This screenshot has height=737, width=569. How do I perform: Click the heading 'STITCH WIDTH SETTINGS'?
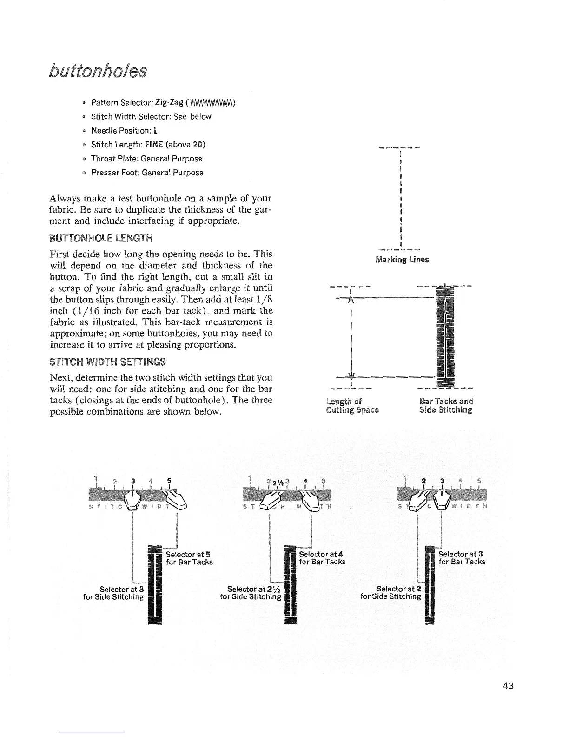click(x=107, y=362)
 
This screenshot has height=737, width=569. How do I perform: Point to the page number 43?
click(x=508, y=685)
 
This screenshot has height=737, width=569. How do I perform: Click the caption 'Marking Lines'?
click(x=402, y=260)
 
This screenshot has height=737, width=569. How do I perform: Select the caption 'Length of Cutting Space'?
click(x=352, y=406)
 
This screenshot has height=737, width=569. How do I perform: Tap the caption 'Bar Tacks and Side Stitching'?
click(x=446, y=406)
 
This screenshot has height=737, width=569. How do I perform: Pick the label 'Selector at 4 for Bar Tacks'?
click(x=322, y=558)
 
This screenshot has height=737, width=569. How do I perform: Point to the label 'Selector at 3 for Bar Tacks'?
click(x=462, y=558)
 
